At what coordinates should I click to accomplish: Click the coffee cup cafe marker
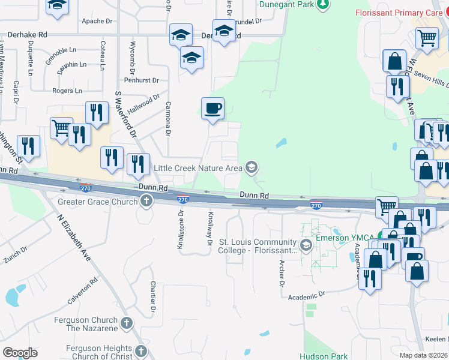coord(212,109)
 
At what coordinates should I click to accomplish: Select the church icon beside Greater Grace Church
coord(146,202)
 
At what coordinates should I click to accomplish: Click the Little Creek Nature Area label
coord(198,168)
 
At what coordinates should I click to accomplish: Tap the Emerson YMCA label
coord(340,238)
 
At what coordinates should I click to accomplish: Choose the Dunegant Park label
coord(286,4)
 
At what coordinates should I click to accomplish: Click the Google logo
coord(20,353)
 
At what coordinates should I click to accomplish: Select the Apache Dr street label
coord(97,20)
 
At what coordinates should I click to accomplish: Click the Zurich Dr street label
coord(16,256)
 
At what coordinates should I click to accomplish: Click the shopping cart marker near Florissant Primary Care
coord(427,38)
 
